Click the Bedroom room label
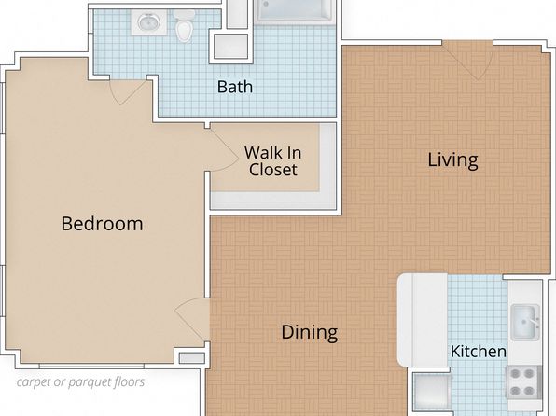(x=102, y=224)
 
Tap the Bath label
(x=235, y=87)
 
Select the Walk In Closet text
(x=272, y=161)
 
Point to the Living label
(x=452, y=160)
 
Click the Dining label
(x=309, y=332)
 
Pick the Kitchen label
(x=479, y=352)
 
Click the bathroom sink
(x=149, y=22)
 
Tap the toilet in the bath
(x=184, y=25)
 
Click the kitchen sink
(x=525, y=322)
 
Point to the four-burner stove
(x=523, y=381)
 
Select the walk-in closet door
(x=224, y=149)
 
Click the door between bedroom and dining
(x=192, y=320)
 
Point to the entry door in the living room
(x=467, y=61)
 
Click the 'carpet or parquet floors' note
(x=80, y=381)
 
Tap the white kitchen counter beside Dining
(x=422, y=319)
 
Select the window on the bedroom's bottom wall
(x=91, y=366)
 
